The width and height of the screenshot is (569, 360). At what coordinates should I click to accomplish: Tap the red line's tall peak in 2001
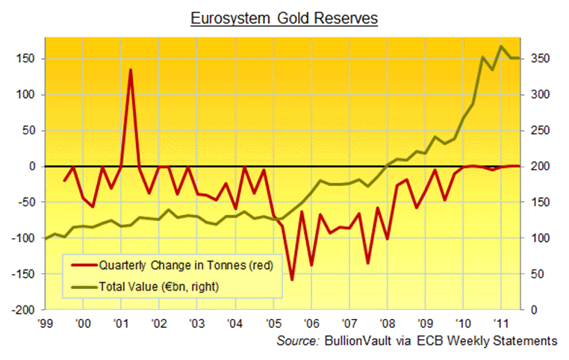[x=131, y=70]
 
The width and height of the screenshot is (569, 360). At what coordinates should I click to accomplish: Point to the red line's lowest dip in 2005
[x=292, y=279]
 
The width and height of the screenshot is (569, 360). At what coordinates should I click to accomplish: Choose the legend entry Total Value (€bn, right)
[x=158, y=285]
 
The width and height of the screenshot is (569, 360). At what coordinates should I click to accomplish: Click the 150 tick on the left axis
[x=30, y=58]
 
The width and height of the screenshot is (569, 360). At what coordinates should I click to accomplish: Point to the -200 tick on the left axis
[x=27, y=309]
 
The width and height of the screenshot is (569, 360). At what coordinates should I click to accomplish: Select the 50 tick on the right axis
[x=537, y=273]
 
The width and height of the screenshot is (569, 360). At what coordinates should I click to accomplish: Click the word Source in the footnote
[x=298, y=341]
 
